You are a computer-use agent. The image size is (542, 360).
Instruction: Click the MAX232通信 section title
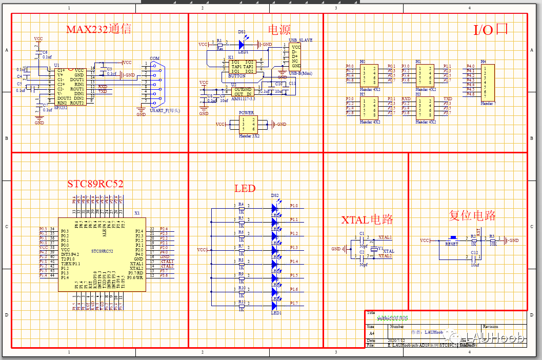coord(99,29)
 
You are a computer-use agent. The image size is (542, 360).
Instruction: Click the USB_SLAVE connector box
coord(295,56)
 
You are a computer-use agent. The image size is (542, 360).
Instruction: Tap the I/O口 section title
coord(490,30)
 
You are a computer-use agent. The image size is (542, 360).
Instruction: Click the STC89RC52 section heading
coord(95,184)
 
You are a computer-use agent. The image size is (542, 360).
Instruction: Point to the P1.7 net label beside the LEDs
coord(293,304)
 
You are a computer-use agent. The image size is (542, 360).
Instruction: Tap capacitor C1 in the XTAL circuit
coord(362,239)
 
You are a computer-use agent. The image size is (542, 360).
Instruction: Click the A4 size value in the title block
coord(371,333)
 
